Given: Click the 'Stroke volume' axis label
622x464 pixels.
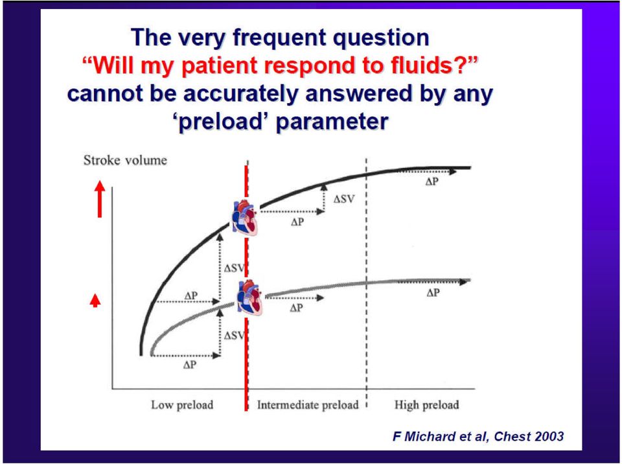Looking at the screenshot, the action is pyautogui.click(x=125, y=160).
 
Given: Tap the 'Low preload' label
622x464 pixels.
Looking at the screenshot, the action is pyautogui.click(x=182, y=405).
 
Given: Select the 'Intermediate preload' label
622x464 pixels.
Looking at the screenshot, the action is pyautogui.click(x=307, y=405).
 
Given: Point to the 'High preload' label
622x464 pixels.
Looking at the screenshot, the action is pyautogui.click(x=426, y=405).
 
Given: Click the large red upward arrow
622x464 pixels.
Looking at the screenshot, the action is pyautogui.click(x=100, y=199).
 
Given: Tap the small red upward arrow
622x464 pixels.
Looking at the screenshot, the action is pyautogui.click(x=95, y=301).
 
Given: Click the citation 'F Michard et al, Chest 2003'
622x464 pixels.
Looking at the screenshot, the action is pyautogui.click(x=478, y=436).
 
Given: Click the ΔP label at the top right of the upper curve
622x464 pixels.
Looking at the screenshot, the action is pyautogui.click(x=432, y=182).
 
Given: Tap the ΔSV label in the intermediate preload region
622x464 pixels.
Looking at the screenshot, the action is pyautogui.click(x=343, y=199).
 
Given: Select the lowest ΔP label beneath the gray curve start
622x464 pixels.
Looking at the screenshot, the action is pyautogui.click(x=190, y=365).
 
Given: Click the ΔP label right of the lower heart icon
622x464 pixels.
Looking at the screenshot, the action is pyautogui.click(x=296, y=308).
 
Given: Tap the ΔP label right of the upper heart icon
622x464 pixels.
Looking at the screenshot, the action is pyautogui.click(x=297, y=222).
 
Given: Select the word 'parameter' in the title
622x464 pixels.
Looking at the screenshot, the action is pyautogui.click(x=332, y=121).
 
